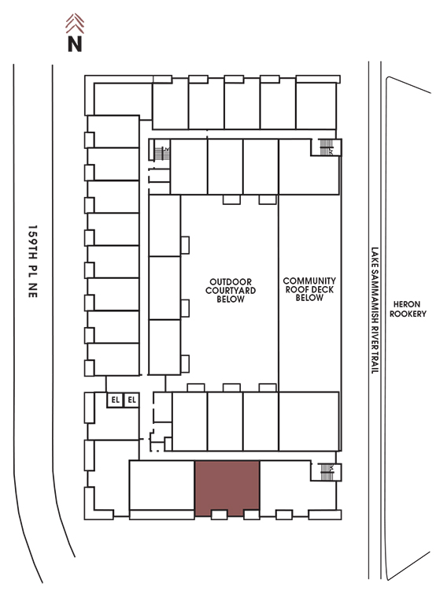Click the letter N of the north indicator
[x=75, y=43]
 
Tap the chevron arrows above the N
[x=75, y=24]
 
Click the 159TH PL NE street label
[x=33, y=262]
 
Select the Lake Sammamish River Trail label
[x=375, y=310]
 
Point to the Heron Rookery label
[x=408, y=309]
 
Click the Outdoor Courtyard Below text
[x=231, y=290]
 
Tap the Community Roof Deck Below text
[x=309, y=289]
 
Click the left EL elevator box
[x=115, y=400]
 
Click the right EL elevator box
[x=131, y=400]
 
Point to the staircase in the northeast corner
[x=326, y=147]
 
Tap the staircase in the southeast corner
[x=327, y=472]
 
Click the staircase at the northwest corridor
[x=162, y=154]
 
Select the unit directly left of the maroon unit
[x=162, y=485]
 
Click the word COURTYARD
[x=231, y=290]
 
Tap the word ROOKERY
[x=408, y=314]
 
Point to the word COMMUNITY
[x=309, y=281]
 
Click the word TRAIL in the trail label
[x=375, y=362]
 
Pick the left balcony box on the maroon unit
[x=219, y=515]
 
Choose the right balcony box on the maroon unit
[x=252, y=515]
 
